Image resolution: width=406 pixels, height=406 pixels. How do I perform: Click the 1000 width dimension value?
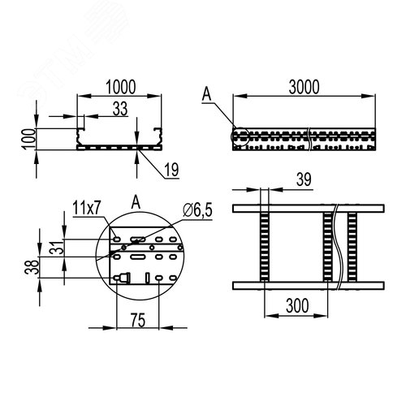coord(120,87)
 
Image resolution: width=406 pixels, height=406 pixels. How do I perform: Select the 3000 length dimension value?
coord(304,87)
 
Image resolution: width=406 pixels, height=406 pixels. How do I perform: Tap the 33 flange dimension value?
coord(120,109)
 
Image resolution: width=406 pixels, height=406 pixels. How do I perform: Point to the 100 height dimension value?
coord(29,139)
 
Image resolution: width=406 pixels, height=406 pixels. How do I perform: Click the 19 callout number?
coord(171,170)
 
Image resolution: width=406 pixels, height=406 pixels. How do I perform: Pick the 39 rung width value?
coord(304,179)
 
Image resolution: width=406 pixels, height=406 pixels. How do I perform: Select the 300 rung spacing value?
coord(297,306)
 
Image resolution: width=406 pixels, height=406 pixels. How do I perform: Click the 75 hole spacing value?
coord(138,320)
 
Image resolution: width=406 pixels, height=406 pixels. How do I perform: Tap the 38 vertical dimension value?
coord(32,267)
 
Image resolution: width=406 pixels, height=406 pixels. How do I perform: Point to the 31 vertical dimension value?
coord(57,248)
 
